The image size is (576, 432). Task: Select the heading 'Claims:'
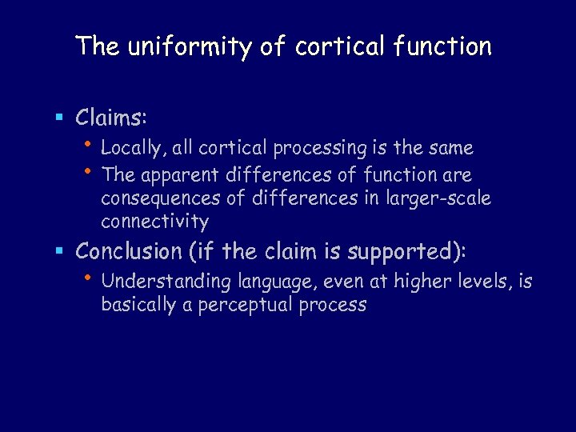110,118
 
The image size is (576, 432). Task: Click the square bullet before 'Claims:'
59,118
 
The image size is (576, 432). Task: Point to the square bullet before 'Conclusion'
59,252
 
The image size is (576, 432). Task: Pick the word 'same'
451,148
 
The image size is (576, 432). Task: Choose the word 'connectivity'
154,222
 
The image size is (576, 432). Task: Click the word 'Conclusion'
129,251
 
